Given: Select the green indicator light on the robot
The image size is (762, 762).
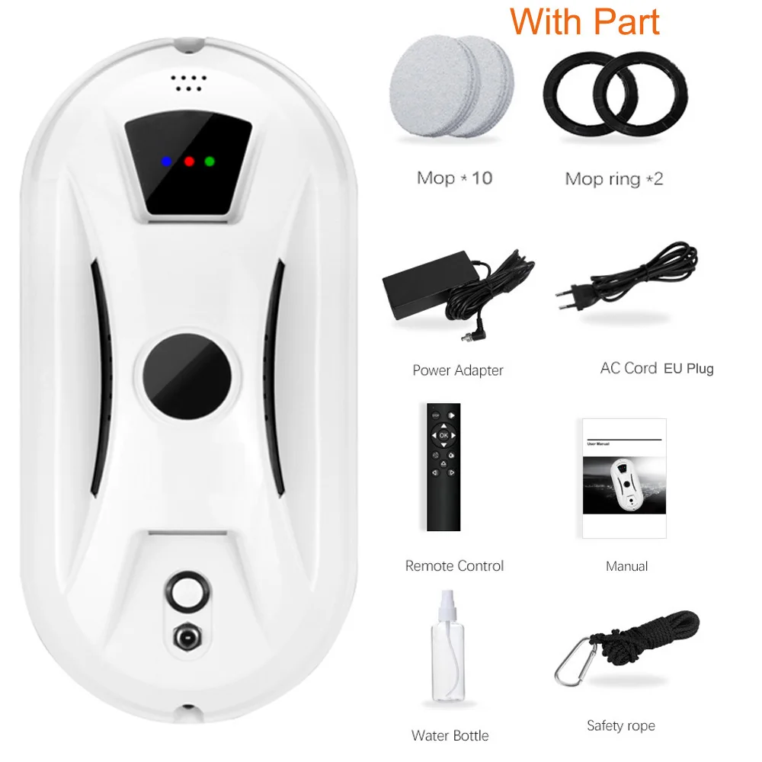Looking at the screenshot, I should pos(210,162).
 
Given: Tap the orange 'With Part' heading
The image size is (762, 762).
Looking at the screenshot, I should pos(585,21).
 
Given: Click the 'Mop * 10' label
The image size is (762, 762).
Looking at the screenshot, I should pos(454,178).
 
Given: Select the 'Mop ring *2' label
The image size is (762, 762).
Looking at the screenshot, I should pos(614,179).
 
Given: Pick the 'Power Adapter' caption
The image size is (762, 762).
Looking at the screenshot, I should pos(458,370).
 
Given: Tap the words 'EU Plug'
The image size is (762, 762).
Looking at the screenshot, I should pos(689,369).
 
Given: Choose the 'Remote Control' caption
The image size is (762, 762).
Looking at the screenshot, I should pos(454,566).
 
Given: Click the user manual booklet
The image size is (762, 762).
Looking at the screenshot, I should pos(624,479).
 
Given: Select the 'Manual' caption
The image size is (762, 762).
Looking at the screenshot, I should pos(626,566).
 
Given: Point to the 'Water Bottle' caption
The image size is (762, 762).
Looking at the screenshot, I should pos(450,735).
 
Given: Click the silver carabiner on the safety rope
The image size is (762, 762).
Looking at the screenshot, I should pos(571,662).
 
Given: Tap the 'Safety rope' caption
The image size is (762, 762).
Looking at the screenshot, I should pos(620,726).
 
